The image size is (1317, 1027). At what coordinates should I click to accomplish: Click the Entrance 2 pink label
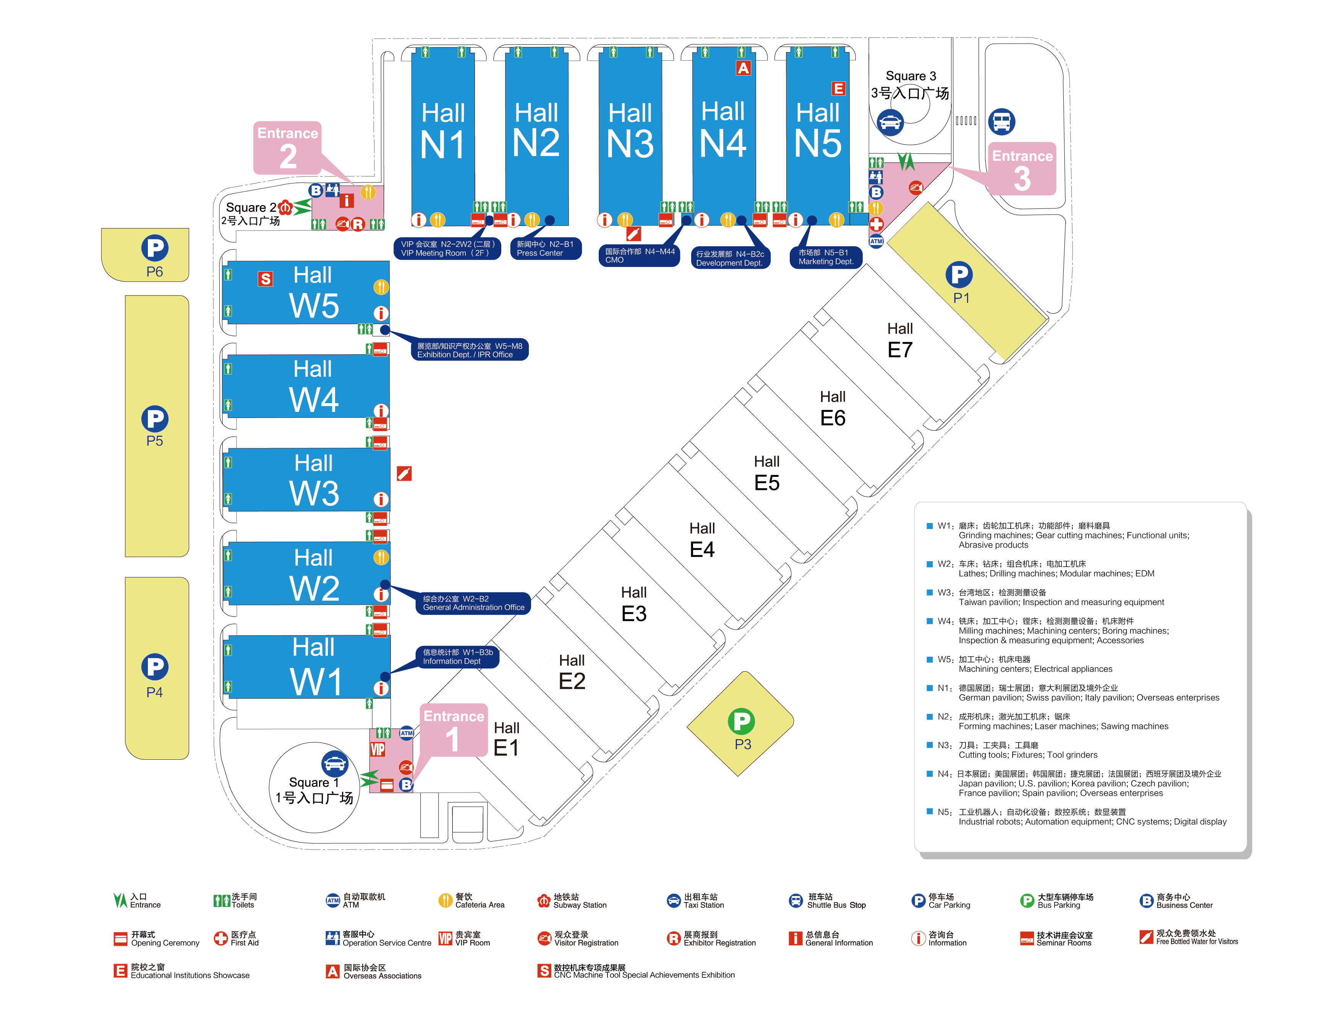click(x=288, y=148)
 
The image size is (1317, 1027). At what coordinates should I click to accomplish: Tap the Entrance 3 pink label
click(x=1022, y=169)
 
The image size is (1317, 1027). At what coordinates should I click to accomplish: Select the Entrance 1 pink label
click(x=454, y=730)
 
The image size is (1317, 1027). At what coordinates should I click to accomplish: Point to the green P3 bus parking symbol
click(x=741, y=721)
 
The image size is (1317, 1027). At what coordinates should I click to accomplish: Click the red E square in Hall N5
click(x=838, y=89)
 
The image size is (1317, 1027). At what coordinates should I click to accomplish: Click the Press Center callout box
click(x=546, y=248)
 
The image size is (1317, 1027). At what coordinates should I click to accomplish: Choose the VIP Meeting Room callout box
click(x=447, y=248)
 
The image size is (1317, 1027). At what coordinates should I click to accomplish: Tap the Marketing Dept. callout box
click(x=826, y=257)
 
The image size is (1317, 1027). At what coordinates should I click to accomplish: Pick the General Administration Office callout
click(x=473, y=603)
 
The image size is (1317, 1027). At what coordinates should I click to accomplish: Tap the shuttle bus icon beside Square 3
click(x=1002, y=122)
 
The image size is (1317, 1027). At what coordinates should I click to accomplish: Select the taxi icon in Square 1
click(x=335, y=764)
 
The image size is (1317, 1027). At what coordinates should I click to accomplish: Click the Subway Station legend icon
click(x=543, y=900)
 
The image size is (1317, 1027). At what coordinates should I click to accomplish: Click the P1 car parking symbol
click(x=959, y=275)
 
